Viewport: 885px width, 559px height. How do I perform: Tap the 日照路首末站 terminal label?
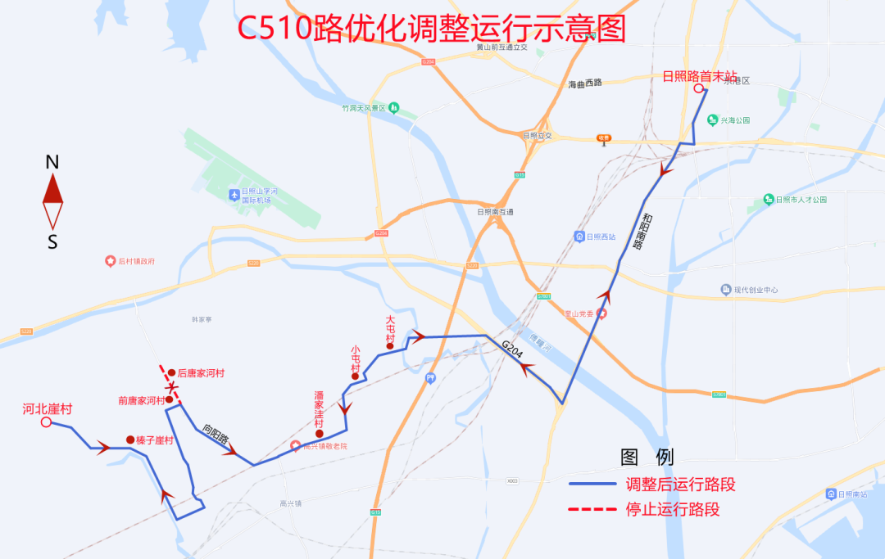(700, 76)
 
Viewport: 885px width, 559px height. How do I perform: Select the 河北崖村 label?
(48, 408)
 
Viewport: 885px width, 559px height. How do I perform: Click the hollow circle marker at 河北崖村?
(47, 422)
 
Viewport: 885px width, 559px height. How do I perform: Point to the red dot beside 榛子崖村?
(130, 440)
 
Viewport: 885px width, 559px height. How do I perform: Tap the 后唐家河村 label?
(201, 373)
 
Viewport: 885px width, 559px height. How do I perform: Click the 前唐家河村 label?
(141, 401)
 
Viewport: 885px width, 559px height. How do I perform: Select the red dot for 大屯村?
(390, 346)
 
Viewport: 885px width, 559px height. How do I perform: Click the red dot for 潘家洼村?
(320, 434)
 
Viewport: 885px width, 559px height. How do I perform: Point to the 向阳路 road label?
(216, 434)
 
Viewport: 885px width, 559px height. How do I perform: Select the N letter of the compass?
(52, 162)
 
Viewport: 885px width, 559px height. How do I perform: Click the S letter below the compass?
(52, 242)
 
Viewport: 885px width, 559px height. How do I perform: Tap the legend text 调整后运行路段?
(680, 485)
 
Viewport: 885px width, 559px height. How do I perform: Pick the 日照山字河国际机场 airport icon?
(235, 195)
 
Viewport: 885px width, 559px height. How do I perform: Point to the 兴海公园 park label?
(735, 120)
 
